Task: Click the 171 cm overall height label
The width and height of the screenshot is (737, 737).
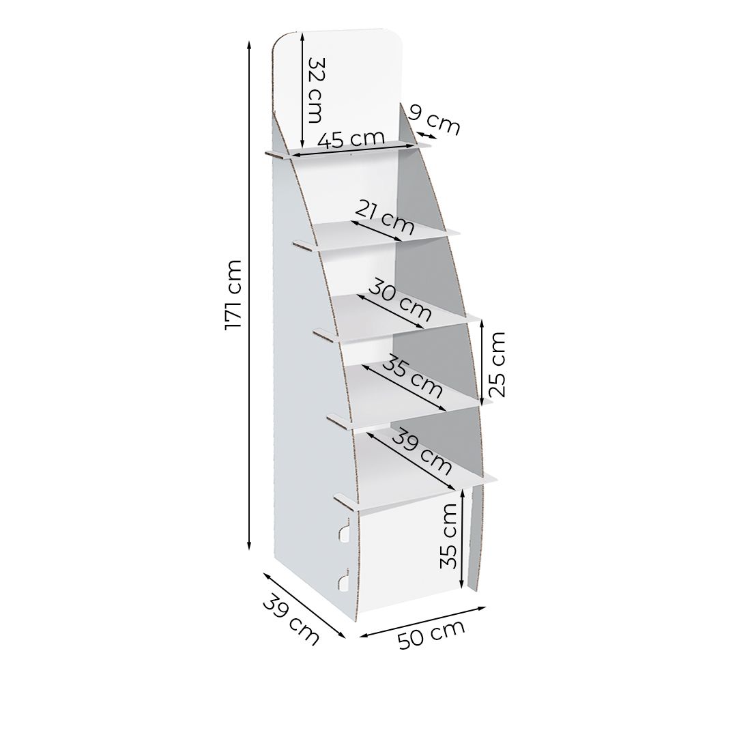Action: [233, 295]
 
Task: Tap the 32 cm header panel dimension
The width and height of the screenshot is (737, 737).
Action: [315, 90]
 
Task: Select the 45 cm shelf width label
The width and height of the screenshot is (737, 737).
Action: [351, 139]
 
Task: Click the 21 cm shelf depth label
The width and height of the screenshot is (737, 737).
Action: [385, 217]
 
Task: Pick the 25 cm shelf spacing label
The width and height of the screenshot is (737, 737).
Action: [496, 364]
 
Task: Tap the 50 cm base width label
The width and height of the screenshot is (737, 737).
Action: [431, 634]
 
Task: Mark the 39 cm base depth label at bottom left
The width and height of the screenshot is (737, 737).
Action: [291, 620]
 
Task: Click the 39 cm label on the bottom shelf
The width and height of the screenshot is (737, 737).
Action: [422, 451]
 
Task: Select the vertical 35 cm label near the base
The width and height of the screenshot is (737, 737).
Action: [448, 536]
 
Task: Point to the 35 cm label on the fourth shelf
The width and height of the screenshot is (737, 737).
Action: [413, 377]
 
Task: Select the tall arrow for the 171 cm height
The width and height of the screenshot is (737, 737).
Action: [249, 295]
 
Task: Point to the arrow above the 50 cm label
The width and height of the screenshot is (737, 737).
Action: [422, 622]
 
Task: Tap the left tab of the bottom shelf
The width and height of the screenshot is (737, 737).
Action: [346, 502]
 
